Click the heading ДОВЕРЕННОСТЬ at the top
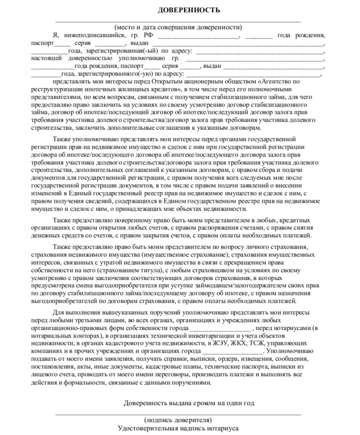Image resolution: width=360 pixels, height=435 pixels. [x=189, y=10]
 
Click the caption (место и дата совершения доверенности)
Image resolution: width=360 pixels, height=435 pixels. [x=178, y=27]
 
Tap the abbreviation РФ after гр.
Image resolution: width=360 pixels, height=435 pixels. [x=149, y=35]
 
